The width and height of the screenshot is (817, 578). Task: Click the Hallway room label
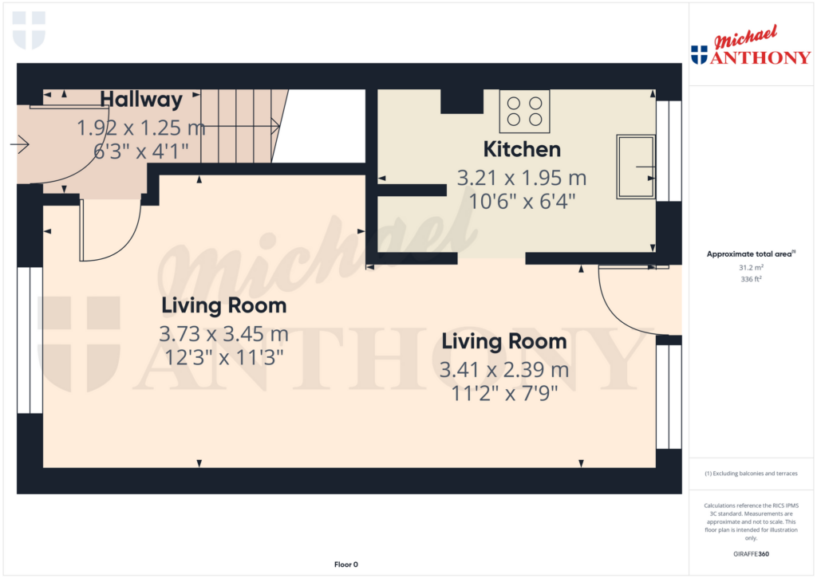[141, 100]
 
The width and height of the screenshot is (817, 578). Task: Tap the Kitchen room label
[522, 149]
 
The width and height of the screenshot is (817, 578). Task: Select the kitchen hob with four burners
[524, 112]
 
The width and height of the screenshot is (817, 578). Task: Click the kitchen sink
[636, 167]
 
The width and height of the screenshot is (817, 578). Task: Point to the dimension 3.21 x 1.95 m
[522, 178]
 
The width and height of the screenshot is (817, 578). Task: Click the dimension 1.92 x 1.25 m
[141, 128]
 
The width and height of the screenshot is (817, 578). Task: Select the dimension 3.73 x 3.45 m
[223, 334]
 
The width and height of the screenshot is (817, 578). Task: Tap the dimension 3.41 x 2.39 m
[504, 370]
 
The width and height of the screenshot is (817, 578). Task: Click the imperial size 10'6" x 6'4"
[522, 202]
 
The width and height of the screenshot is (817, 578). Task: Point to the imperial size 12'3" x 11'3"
[224, 358]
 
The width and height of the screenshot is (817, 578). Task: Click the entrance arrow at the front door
[19, 144]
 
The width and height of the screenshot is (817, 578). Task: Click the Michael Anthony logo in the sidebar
[751, 45]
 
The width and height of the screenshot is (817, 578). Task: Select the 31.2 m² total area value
[751, 268]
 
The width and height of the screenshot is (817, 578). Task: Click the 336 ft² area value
[751, 279]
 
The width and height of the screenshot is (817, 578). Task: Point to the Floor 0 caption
[346, 564]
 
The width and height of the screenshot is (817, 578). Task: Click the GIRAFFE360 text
[751, 554]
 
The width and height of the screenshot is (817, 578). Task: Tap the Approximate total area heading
[751, 254]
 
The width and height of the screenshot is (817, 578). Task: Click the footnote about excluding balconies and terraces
[751, 474]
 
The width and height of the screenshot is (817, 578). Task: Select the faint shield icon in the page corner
[29, 30]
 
